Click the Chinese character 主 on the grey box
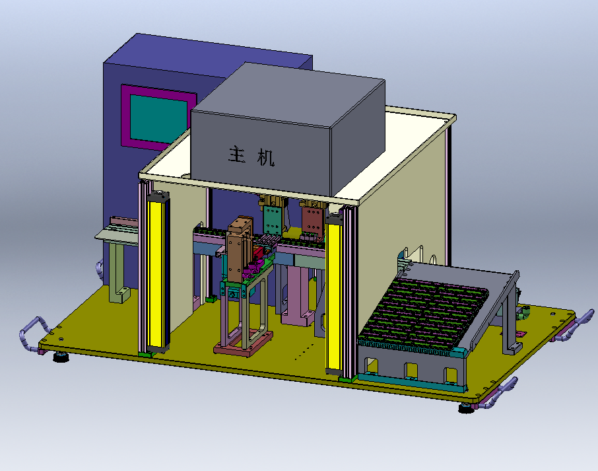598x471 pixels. coord(237,154)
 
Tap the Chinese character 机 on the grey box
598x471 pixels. coord(266,157)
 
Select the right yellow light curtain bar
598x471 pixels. coord(333,294)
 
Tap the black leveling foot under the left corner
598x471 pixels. coord(61,357)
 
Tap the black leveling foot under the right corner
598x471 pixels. coord(466,409)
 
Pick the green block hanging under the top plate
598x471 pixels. coord(273,219)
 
